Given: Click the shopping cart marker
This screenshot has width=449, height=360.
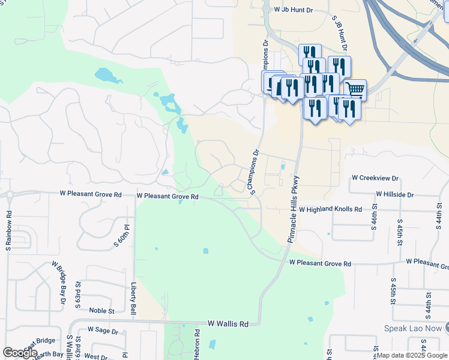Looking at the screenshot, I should (x=355, y=90).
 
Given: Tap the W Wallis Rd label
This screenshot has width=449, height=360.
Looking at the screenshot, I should (x=228, y=324).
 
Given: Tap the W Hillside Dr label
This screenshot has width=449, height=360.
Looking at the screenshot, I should (x=394, y=194).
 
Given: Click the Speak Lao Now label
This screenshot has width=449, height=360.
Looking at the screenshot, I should (x=413, y=328).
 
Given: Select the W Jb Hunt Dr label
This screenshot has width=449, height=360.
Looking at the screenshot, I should (x=294, y=10).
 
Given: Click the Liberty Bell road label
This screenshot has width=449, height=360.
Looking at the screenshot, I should (x=133, y=299).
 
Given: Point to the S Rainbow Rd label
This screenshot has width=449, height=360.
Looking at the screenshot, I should (x=8, y=231).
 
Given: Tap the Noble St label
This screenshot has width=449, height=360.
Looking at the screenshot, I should (x=101, y=311).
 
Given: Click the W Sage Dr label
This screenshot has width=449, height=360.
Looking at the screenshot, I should (x=103, y=330).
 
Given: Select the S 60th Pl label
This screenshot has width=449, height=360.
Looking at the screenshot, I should (x=124, y=237).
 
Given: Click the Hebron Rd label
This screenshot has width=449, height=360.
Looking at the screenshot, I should (x=196, y=344).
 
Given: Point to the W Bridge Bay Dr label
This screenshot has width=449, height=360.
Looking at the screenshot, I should (x=58, y=282).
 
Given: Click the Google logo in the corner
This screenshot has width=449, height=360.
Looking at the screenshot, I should (x=20, y=353).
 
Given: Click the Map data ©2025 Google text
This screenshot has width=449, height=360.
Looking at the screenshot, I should (x=411, y=355).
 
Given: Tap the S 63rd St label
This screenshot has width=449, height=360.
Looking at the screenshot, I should (x=78, y=293).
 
